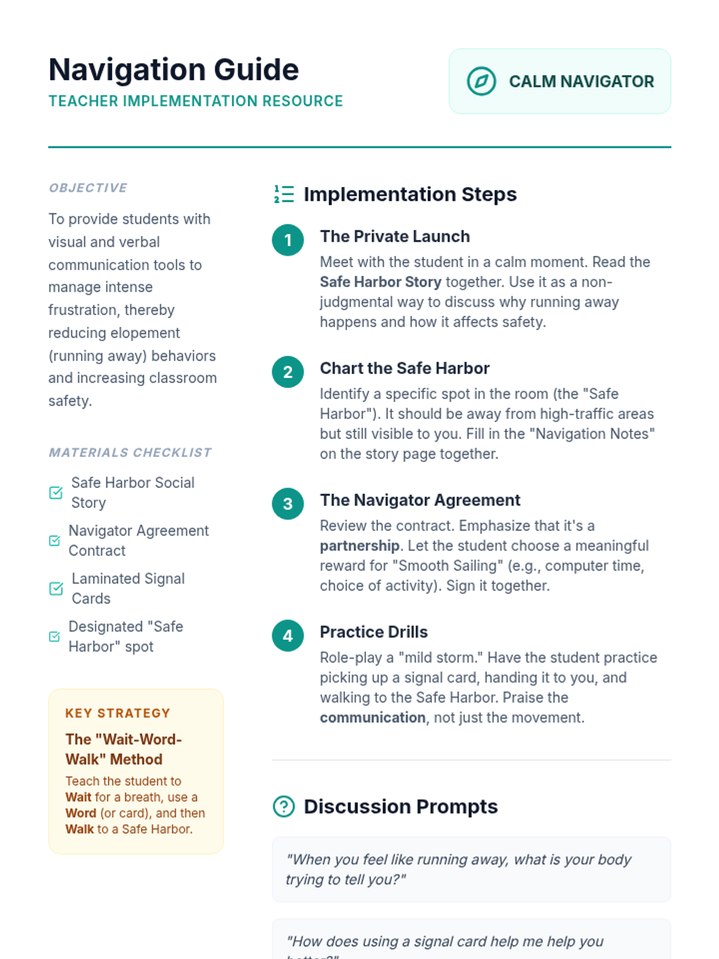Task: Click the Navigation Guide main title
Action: (174, 70)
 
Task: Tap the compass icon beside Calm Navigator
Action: (481, 82)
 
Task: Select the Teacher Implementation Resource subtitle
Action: (195, 101)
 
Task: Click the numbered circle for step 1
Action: (288, 240)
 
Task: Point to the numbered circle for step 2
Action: (288, 372)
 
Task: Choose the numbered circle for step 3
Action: (288, 503)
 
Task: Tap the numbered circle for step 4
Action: (288, 635)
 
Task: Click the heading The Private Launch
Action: (395, 237)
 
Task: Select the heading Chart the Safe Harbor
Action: (404, 369)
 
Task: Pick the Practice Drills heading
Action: (374, 632)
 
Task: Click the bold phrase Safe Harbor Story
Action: (380, 282)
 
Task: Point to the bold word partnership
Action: (359, 546)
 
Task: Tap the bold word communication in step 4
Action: (373, 718)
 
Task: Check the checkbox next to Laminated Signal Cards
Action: (56, 589)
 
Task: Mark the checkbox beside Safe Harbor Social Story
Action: (56, 493)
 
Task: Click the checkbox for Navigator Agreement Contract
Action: (55, 541)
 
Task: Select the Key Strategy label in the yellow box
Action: (117, 713)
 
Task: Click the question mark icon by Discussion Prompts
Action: (284, 807)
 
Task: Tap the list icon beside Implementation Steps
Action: (284, 194)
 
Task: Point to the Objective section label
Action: (88, 188)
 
